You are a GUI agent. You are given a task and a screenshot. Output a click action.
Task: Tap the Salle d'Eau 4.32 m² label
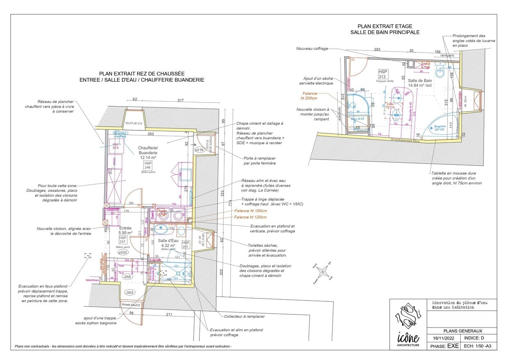(168, 243)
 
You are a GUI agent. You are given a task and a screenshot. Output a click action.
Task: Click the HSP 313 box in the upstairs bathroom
(383, 74)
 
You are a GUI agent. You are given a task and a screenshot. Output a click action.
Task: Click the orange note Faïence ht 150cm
(250, 211)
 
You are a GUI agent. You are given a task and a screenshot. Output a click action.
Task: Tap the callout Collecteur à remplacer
(244, 316)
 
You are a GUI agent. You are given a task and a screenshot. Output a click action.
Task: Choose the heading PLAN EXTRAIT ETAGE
(385, 26)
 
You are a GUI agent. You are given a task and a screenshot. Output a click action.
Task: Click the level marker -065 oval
(129, 293)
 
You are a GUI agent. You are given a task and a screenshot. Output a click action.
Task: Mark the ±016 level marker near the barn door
(199, 150)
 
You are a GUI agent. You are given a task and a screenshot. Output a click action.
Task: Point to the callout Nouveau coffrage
(312, 48)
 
